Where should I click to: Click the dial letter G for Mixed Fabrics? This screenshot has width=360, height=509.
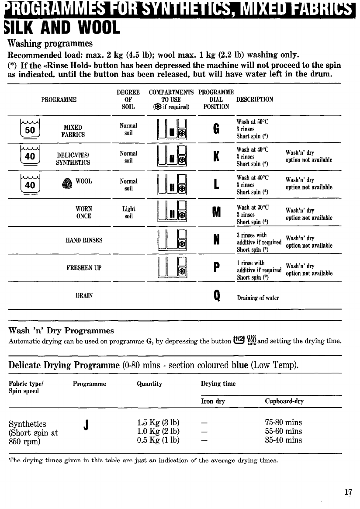(x=216, y=129)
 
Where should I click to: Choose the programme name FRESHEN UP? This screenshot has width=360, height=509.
(x=84, y=268)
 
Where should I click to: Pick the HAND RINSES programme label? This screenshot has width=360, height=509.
(x=84, y=240)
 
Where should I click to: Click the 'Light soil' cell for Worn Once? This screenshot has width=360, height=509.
(x=128, y=213)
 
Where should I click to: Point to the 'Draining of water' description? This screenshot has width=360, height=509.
(x=258, y=298)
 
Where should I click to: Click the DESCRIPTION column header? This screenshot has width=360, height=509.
(x=255, y=99)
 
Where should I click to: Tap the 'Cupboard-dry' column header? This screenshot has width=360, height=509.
(x=284, y=401)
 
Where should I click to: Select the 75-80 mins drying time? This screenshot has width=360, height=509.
(x=284, y=423)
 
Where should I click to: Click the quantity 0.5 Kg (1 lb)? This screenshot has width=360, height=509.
(x=158, y=440)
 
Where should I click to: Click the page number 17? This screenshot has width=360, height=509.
(x=348, y=492)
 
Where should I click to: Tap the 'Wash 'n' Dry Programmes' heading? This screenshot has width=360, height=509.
(x=61, y=330)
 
